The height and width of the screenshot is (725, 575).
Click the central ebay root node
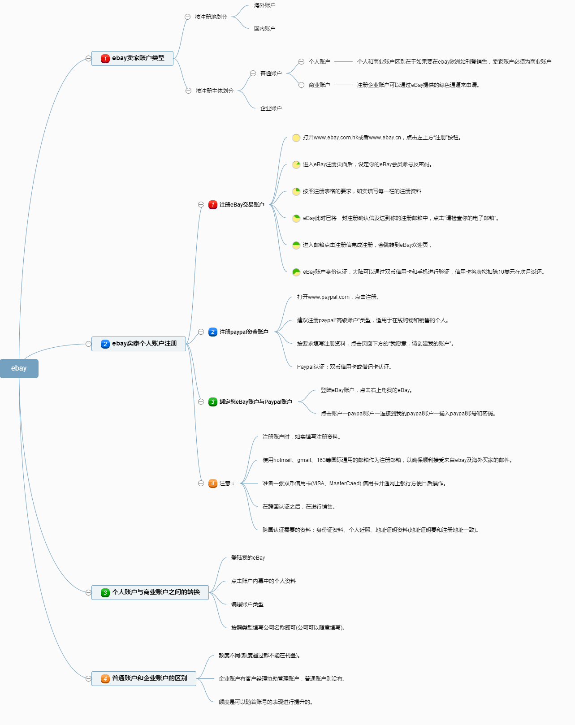[x=19, y=368]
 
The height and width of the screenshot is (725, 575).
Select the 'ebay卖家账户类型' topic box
[x=132, y=58]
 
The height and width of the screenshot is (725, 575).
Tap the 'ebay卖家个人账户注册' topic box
[x=138, y=344]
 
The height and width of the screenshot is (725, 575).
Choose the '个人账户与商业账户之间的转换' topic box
[x=150, y=592]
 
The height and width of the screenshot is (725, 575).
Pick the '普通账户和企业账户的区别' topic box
[x=143, y=678]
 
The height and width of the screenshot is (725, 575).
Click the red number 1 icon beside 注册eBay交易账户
[x=213, y=204]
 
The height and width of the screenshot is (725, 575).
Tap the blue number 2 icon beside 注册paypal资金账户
[x=213, y=332]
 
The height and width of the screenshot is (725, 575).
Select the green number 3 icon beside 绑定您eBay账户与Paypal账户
[x=213, y=401]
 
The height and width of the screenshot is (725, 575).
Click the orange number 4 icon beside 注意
[x=213, y=483]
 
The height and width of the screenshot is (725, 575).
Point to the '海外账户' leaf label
[x=264, y=5]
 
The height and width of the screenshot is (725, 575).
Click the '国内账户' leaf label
[x=264, y=28]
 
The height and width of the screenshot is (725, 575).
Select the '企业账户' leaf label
[x=271, y=108]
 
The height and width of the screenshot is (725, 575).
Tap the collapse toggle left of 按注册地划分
[x=187, y=17]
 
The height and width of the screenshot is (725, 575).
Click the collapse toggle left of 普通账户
[x=253, y=73]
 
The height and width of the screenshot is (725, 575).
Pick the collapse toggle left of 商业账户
[x=301, y=85]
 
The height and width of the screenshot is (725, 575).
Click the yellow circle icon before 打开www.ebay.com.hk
[x=296, y=138]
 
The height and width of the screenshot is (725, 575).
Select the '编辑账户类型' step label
[x=247, y=604]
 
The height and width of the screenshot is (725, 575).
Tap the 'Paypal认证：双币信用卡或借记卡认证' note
[x=344, y=367]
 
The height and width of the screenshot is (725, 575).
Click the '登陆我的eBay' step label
[x=248, y=557]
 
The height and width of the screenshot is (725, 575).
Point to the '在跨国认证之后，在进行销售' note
[x=298, y=506]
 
